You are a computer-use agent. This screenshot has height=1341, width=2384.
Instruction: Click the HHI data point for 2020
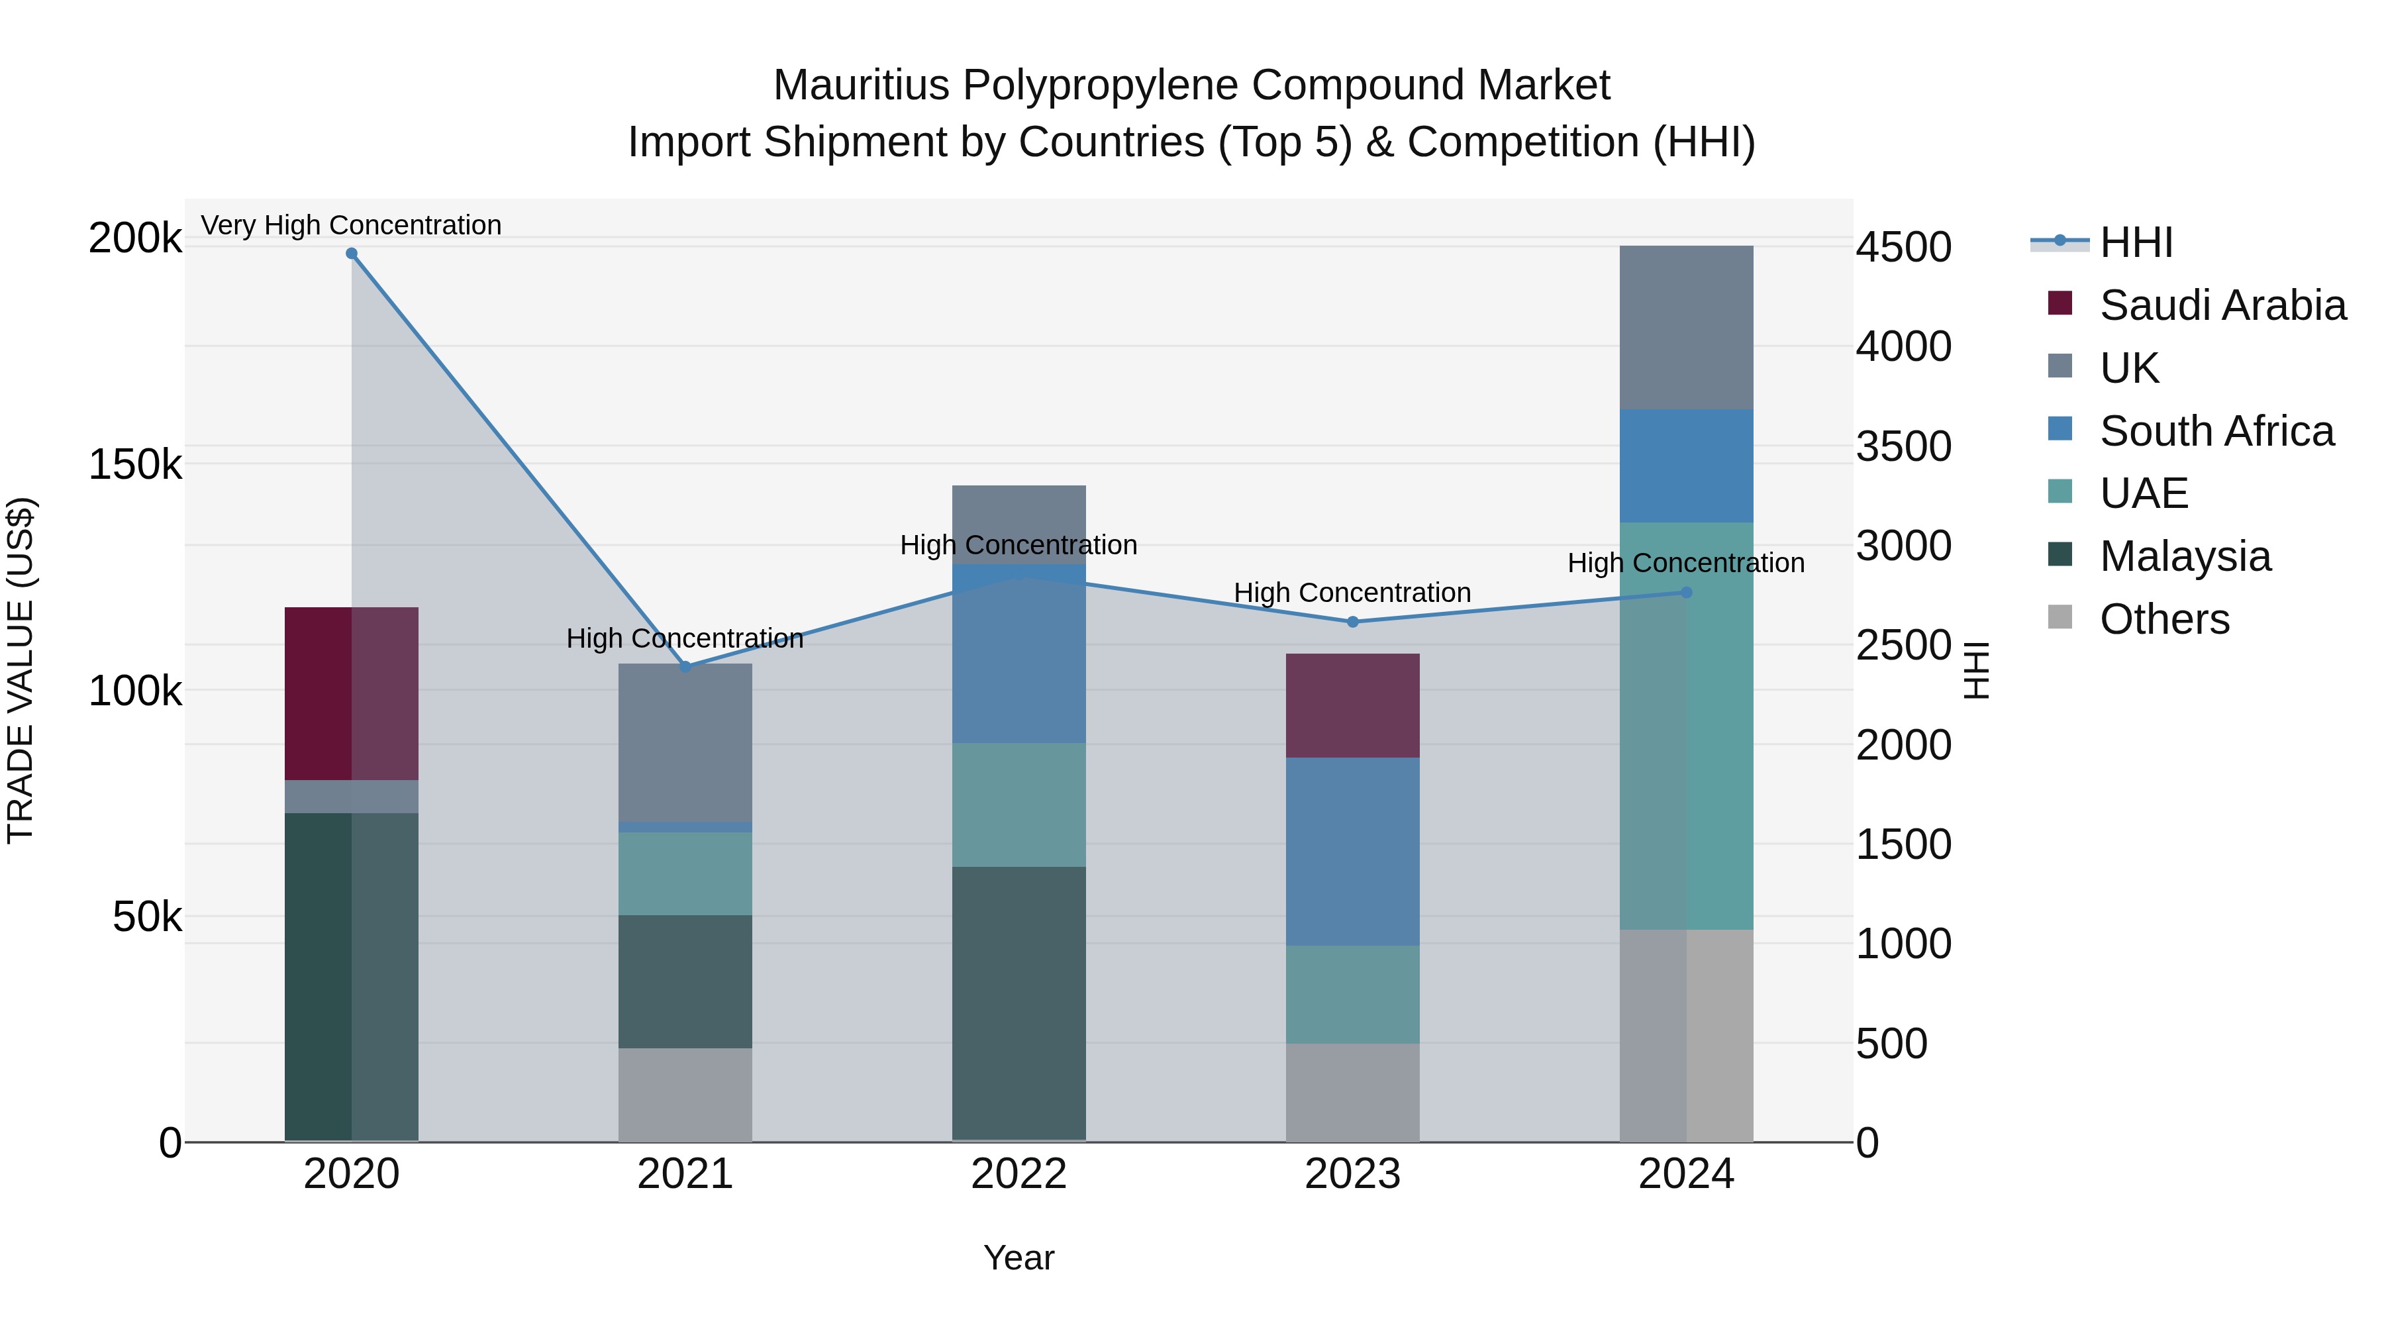tap(352, 254)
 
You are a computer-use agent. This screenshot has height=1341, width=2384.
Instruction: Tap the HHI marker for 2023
tap(1352, 622)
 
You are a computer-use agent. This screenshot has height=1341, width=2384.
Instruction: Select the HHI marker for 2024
tap(1686, 592)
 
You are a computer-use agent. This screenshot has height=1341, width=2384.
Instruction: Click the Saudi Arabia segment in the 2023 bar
tap(1352, 705)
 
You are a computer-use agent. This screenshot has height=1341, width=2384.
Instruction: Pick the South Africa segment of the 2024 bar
tap(1686, 466)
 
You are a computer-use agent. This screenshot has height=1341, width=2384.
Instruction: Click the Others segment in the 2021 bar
tap(685, 1094)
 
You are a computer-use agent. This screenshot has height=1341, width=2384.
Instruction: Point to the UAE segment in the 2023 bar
tap(1352, 994)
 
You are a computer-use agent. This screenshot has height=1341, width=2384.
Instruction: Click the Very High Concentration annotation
tap(351, 225)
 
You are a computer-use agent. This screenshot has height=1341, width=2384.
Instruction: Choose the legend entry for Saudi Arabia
tap(2222, 305)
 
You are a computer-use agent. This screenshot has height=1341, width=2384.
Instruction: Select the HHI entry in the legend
tap(2136, 242)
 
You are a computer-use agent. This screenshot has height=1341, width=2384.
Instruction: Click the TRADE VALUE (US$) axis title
tap(21, 670)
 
